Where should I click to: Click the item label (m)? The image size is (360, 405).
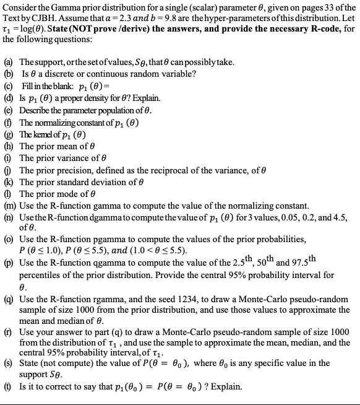coord(10,205)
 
